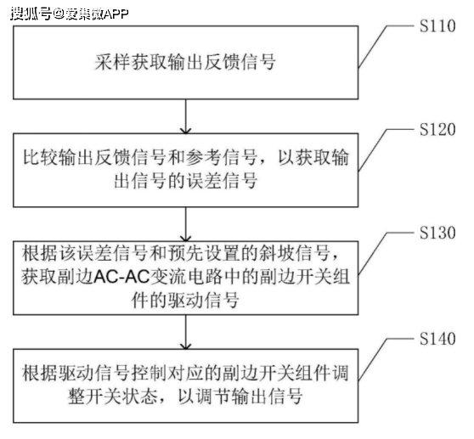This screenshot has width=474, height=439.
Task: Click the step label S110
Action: pyautogui.click(x=437, y=26)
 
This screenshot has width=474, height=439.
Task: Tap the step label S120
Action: pyautogui.click(x=437, y=130)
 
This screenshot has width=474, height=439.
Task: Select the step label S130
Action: pyautogui.click(x=437, y=233)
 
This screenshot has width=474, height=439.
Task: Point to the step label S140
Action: pyautogui.click(x=437, y=339)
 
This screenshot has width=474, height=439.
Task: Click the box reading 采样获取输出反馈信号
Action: pyautogui.click(x=186, y=63)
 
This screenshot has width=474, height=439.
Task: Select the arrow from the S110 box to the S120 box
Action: pyautogui.click(x=186, y=116)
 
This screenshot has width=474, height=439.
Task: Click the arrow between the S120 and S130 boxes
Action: pyautogui.click(x=186, y=224)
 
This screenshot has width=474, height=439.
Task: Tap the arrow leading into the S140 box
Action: pyautogui.click(x=186, y=332)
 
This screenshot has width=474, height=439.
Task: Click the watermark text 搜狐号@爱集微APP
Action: pyautogui.click(x=70, y=14)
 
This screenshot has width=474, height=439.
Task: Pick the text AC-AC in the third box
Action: pyautogui.click(x=121, y=277)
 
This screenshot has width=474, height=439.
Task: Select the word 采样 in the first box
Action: pyautogui.click(x=112, y=62)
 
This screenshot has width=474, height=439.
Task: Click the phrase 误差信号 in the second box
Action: pyautogui.click(x=221, y=181)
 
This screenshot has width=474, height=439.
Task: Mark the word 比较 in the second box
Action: pyautogui.click(x=40, y=157)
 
